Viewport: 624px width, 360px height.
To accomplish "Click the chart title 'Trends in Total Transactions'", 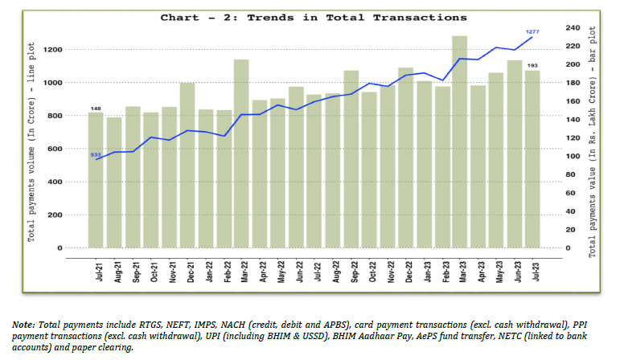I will (x=314, y=17).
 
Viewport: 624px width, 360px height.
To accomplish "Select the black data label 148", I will (x=96, y=108).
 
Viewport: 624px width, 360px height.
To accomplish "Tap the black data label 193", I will (x=532, y=64).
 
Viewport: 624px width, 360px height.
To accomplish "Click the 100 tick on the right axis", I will (x=573, y=156).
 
